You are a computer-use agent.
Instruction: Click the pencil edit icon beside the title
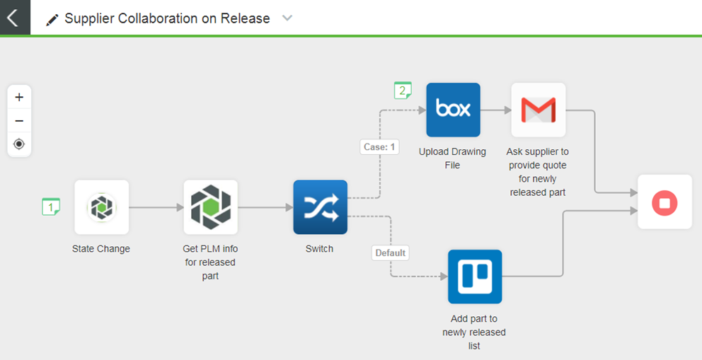52,20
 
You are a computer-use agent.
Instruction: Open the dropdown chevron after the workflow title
287,18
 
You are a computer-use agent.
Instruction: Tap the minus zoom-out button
19,120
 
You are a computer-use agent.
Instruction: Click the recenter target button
19,144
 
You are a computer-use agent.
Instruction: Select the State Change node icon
102,207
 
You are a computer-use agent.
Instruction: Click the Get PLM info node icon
211,207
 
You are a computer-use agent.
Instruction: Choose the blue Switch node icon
320,207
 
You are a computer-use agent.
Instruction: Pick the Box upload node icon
453,110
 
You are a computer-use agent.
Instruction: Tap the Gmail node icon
538,110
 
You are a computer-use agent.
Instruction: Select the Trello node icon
475,277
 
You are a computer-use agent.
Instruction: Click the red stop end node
664,202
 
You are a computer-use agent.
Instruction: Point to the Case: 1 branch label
380,147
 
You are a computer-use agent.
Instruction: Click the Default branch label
391,252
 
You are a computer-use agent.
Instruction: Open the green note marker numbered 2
403,91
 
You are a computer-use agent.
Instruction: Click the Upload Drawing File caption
453,158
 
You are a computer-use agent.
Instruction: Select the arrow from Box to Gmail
495,110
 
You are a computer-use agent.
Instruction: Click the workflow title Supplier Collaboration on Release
167,19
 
